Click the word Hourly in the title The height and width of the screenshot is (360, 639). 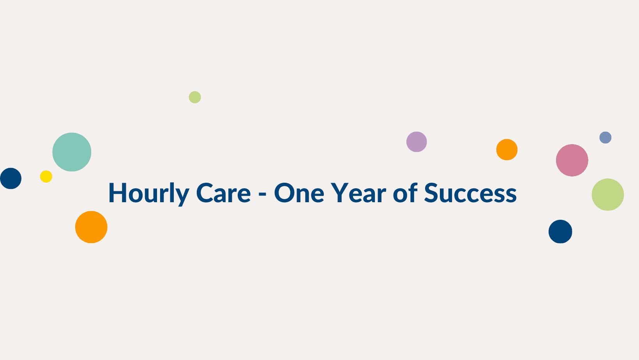click(148, 194)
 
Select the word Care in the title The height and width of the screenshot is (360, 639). click(223, 193)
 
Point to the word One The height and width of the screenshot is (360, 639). click(299, 193)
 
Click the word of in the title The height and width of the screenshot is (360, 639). click(405, 192)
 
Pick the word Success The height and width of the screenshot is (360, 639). click(470, 193)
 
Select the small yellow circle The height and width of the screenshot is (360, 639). click(46, 176)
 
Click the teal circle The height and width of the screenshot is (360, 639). click(72, 152)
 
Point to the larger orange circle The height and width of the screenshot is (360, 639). click(91, 227)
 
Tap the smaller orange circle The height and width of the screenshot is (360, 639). click(507, 150)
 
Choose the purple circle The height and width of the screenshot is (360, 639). click(417, 142)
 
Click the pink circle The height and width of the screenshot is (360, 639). click(572, 160)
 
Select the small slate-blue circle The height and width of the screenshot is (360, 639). click(605, 138)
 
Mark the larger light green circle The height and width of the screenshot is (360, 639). click(608, 194)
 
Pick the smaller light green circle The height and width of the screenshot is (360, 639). click(195, 97)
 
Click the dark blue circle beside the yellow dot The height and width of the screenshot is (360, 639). click(11, 178)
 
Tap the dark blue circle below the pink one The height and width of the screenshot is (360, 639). click(560, 232)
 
